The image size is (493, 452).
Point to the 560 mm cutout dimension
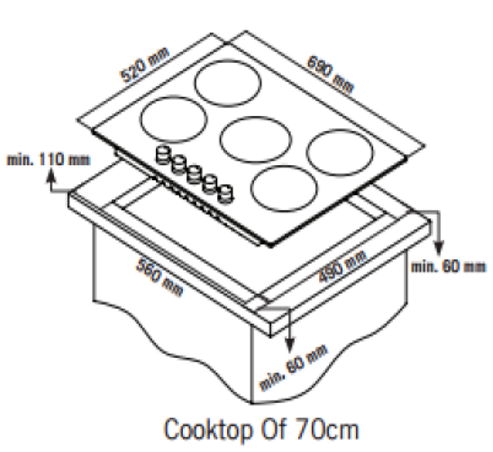(x=160, y=278)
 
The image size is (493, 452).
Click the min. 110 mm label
(x=48, y=159)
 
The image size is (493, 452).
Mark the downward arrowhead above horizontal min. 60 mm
(x=439, y=248)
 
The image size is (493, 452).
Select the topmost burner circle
(x=228, y=83)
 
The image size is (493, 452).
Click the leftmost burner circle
(x=173, y=120)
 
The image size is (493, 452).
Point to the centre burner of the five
(x=256, y=140)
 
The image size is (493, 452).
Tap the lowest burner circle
(x=284, y=189)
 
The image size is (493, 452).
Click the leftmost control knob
(x=163, y=155)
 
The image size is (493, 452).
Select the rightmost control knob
(x=225, y=194)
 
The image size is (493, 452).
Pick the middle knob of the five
(x=194, y=175)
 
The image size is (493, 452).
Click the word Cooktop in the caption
(x=208, y=429)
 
